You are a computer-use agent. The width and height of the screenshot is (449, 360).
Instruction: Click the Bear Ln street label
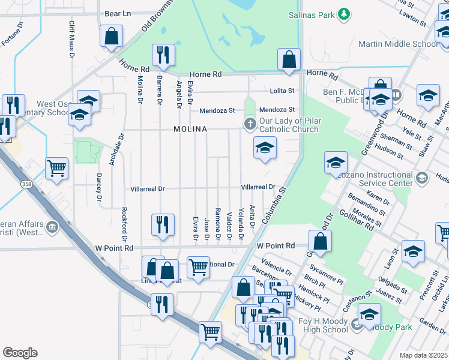pos(118,13)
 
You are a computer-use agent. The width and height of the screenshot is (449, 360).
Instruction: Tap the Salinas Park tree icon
pos(343,13)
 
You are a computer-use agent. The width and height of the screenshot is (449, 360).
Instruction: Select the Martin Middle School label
pos(406,44)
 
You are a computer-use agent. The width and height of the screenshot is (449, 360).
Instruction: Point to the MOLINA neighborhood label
pos(190,129)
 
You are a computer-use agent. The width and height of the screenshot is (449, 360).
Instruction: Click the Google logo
pos(20,353)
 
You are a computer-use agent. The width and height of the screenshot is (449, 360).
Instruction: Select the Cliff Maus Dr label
pos(71,40)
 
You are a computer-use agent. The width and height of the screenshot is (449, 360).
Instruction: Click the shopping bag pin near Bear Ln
pos(111,36)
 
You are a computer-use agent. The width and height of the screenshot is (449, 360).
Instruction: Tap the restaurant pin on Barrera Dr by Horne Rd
pos(163,56)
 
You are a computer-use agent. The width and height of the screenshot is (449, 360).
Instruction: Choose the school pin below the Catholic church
pos(265,149)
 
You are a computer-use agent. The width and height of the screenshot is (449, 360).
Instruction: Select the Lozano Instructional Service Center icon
pos(422,178)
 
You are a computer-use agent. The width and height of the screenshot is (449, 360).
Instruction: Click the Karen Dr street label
pos(378,197)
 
